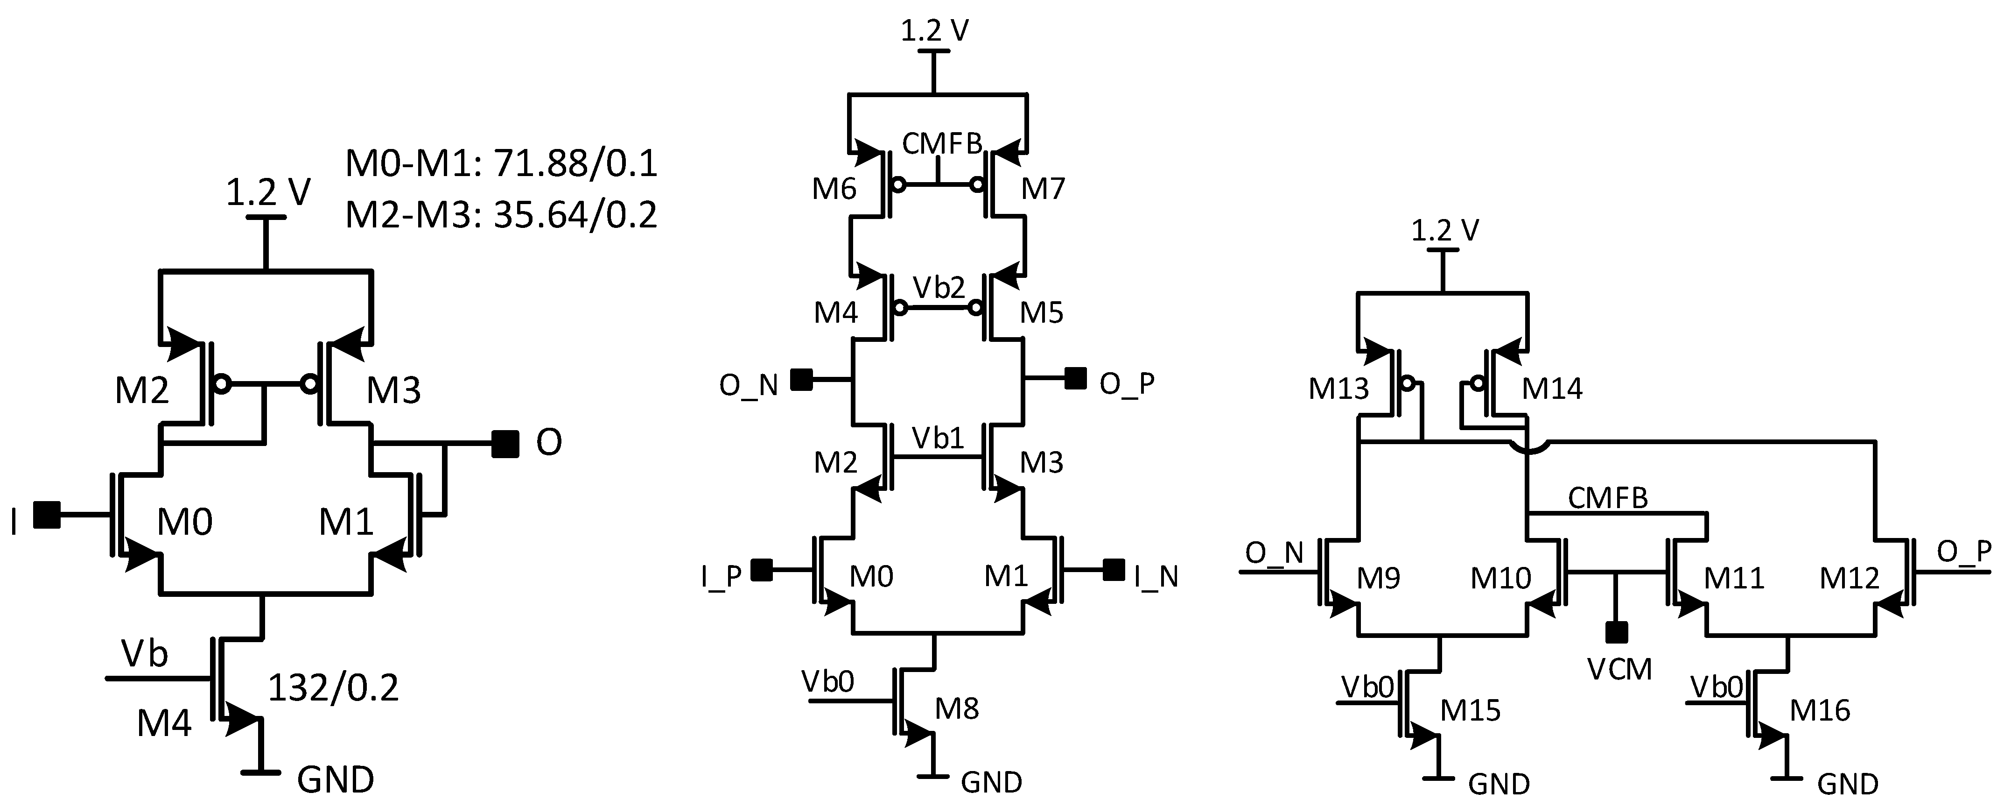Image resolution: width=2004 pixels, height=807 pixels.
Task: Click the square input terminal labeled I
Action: point(48,515)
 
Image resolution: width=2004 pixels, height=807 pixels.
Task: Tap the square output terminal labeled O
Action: point(505,444)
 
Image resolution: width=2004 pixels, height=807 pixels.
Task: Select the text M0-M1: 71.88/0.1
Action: point(501,164)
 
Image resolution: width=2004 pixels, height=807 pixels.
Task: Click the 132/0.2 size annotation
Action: point(333,688)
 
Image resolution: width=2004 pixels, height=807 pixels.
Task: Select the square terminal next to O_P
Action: point(1075,379)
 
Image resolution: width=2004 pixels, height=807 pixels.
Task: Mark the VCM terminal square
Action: point(1618,633)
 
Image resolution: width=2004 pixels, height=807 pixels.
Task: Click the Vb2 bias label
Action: point(939,288)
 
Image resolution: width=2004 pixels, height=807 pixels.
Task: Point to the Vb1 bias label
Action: point(938,438)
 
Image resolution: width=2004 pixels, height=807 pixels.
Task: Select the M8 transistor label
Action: point(956,708)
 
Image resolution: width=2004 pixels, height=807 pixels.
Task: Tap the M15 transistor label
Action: point(1470,710)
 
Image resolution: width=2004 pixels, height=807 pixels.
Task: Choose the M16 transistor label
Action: point(1820,710)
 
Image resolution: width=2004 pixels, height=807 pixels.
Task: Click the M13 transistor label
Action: point(1338,389)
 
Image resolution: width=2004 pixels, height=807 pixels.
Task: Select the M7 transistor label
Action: point(1043,188)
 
